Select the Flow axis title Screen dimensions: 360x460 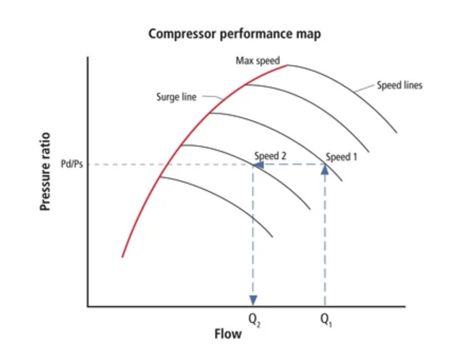[228, 334]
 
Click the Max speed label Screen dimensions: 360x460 [258, 61]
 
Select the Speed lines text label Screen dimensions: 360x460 [399, 85]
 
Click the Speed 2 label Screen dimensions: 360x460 [270, 156]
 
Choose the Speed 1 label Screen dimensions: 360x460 [341, 157]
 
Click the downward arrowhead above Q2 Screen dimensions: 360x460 [253, 300]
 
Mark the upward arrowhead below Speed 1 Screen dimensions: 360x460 [325, 169]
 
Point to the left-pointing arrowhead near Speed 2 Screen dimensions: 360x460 [259, 164]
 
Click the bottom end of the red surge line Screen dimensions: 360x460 [122, 256]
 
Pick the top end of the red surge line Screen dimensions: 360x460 [287, 65]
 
